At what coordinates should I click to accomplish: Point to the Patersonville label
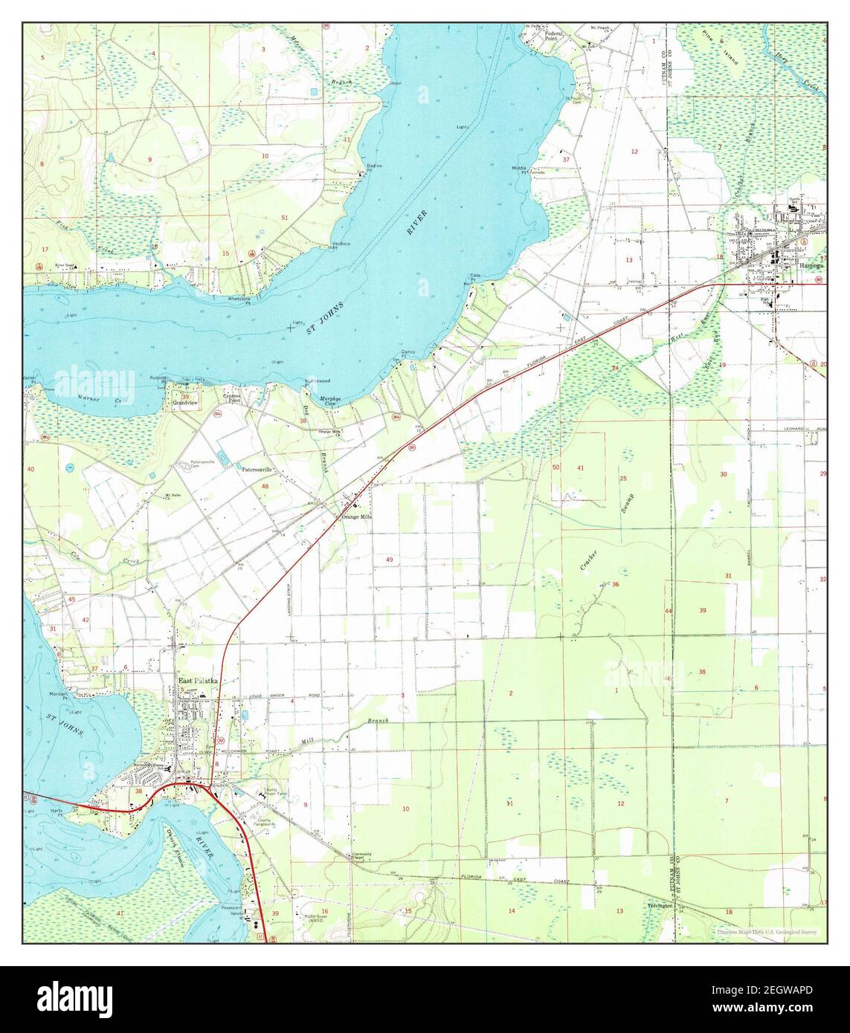click(x=257, y=470)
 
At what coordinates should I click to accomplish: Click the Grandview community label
click(x=183, y=404)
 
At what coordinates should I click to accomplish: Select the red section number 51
click(x=284, y=217)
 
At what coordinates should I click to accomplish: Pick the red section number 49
click(x=389, y=559)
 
